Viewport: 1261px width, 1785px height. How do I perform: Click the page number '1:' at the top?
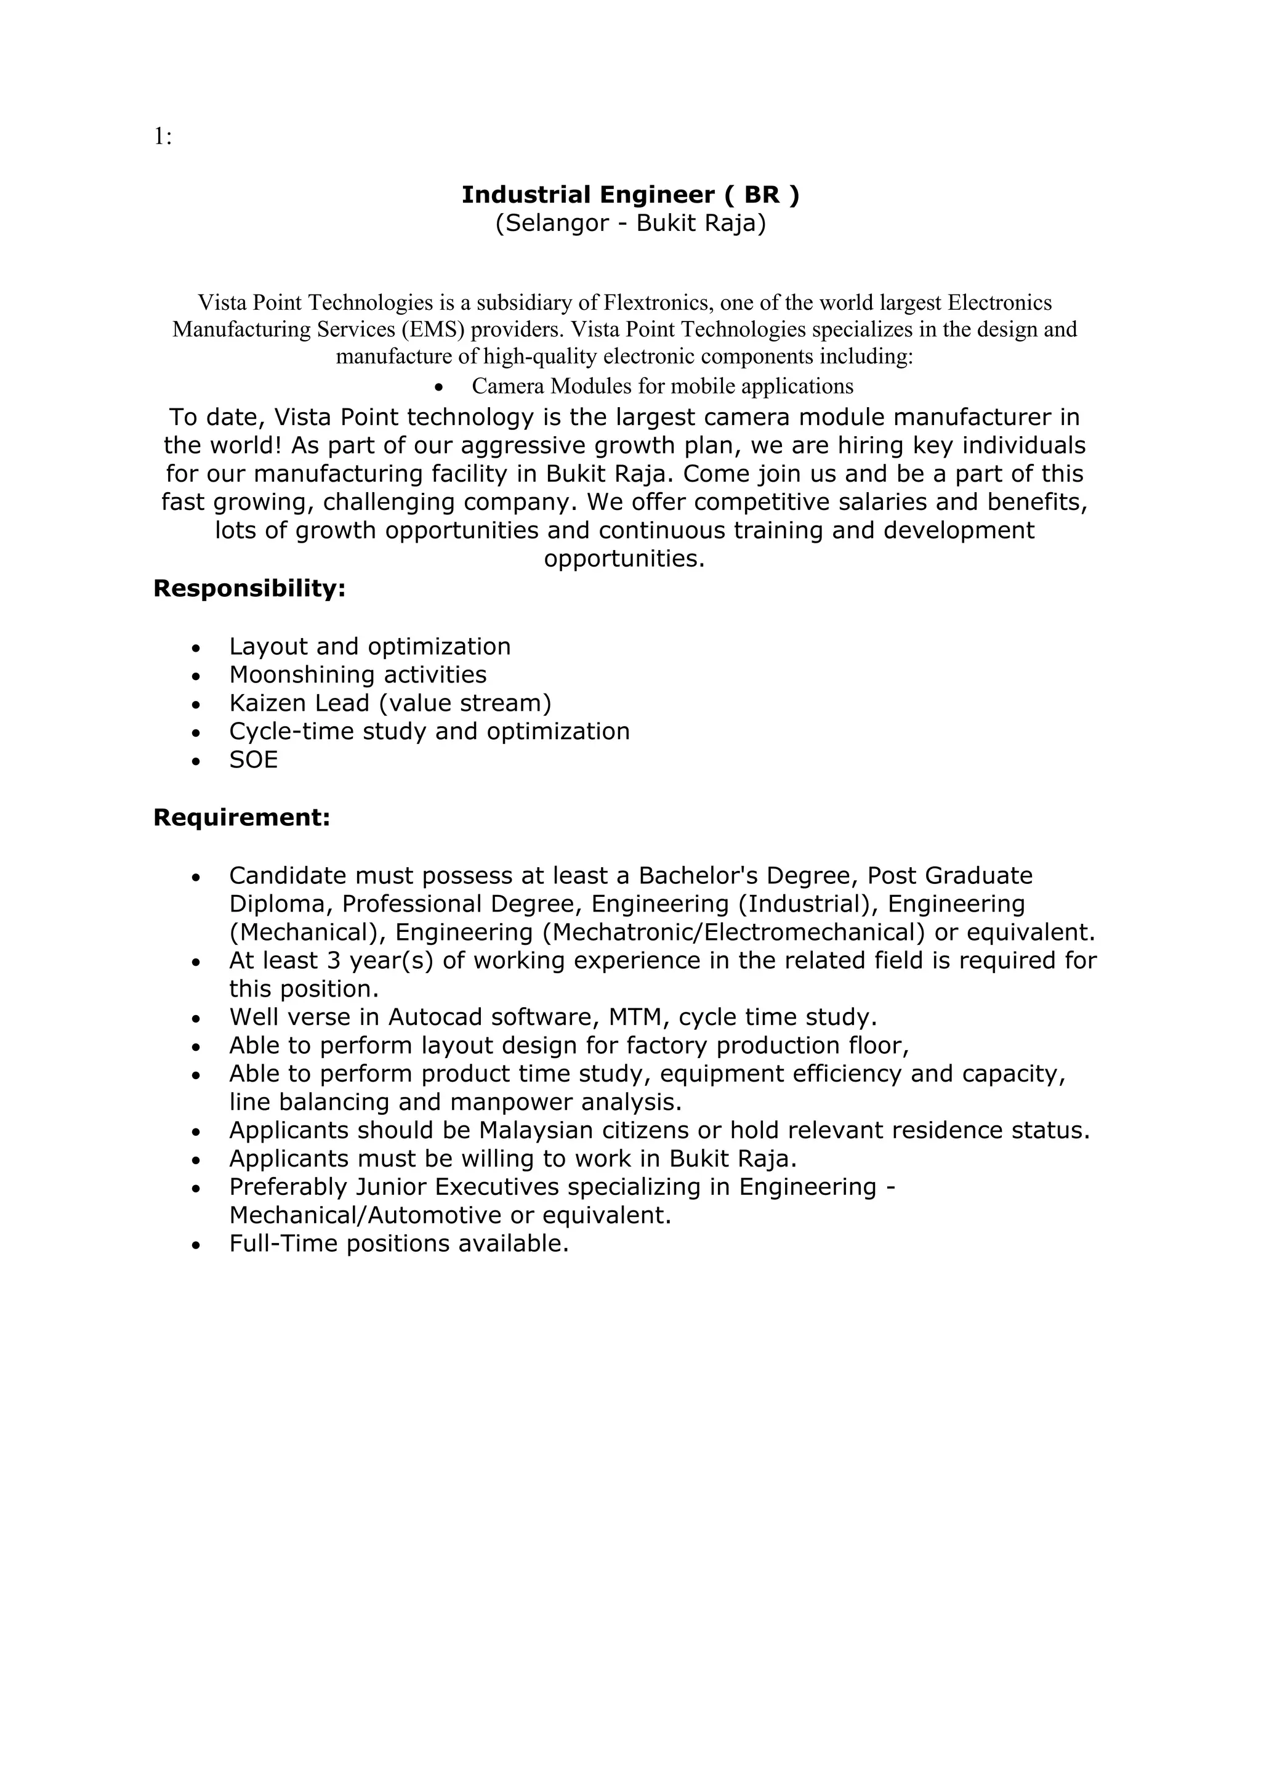163,137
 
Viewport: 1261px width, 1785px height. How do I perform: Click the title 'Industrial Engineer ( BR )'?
629,195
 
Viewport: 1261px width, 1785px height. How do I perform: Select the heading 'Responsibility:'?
249,588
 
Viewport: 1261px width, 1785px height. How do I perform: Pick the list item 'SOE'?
253,759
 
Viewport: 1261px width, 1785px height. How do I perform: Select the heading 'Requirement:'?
241,817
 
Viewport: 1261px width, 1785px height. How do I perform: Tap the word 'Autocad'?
435,1017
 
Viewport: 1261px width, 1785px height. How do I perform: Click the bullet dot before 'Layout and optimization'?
196,647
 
